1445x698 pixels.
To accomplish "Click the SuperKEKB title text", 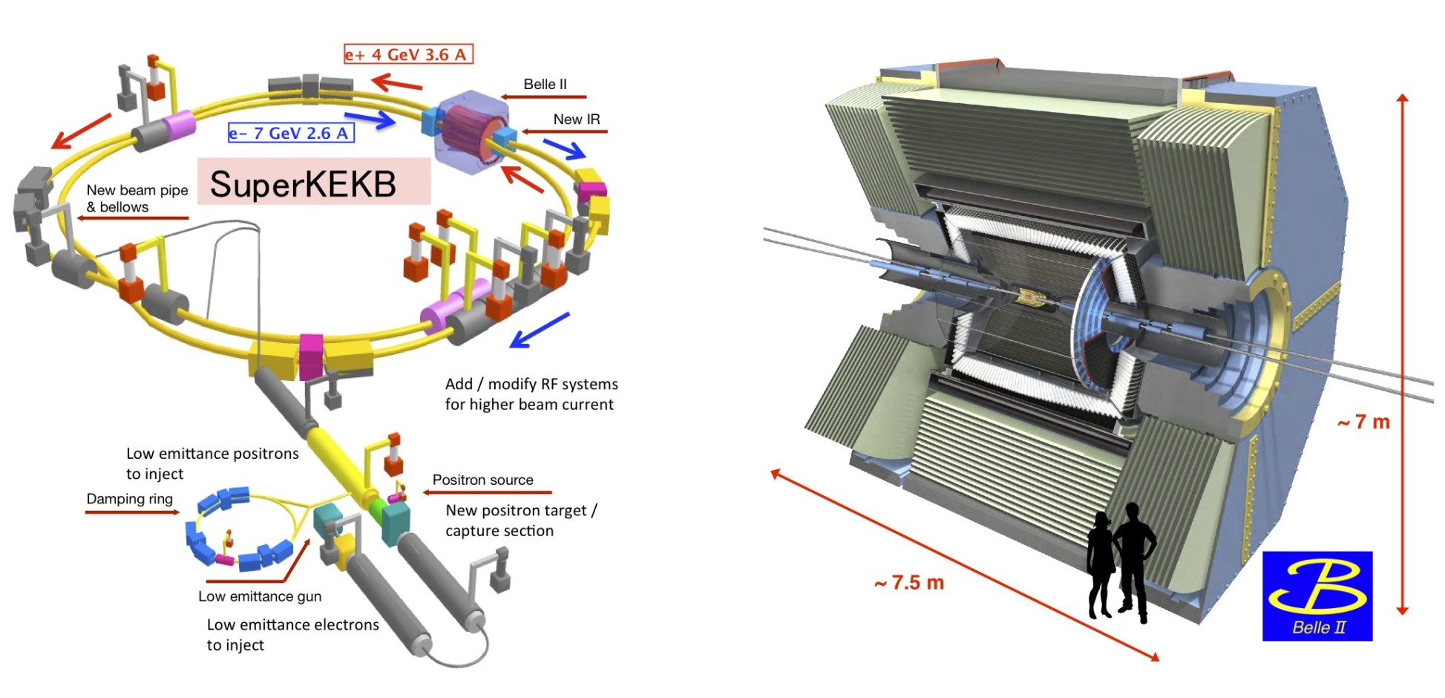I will [303, 184].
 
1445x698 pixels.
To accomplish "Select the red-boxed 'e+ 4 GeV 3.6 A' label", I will [407, 54].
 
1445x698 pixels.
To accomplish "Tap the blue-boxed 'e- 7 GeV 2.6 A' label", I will [290, 134].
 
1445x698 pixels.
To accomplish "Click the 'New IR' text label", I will [576, 119].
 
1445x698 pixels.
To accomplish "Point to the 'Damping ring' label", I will [129, 498].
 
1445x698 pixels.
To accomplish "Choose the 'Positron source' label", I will [482, 480].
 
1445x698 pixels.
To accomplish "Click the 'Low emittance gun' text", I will [260, 596].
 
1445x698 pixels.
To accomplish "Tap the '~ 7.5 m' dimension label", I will [909, 583].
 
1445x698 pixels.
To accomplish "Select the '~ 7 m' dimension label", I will [1363, 422].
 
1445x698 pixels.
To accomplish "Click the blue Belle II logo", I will [1317, 596].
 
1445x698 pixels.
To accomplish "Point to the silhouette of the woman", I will [1100, 564].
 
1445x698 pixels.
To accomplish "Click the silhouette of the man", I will [1133, 561].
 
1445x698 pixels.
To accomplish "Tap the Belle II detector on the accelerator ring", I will [472, 131].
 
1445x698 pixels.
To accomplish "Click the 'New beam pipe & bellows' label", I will [137, 198].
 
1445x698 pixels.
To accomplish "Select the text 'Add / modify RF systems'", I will [531, 384].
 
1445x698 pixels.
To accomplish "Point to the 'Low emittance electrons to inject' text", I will [292, 634].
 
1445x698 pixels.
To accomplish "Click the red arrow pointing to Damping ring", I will [133, 512].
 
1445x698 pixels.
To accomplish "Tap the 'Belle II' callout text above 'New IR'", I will [545, 84].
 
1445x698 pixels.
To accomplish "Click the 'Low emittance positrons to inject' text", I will [212, 463].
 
